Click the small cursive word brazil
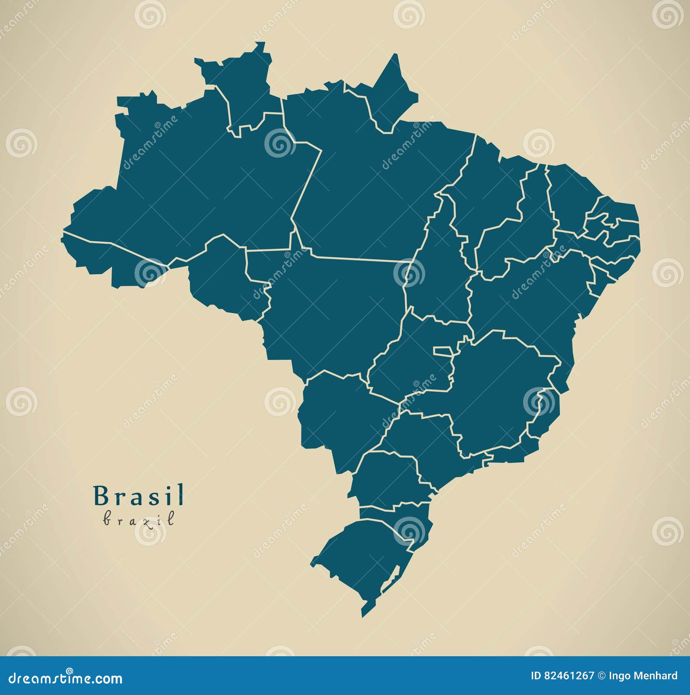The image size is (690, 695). click(139, 520)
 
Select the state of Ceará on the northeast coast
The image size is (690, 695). click(569, 194)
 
